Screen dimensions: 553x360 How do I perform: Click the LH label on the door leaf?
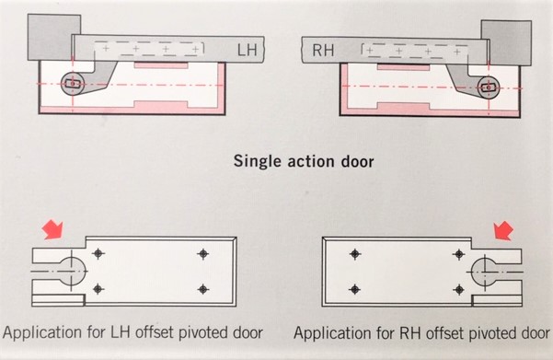click(x=247, y=50)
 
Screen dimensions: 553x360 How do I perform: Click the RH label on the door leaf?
click(x=323, y=51)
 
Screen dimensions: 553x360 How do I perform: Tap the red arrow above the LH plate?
click(x=52, y=229)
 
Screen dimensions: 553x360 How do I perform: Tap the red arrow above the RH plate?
click(x=503, y=230)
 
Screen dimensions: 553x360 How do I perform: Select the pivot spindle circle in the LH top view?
click(x=73, y=84)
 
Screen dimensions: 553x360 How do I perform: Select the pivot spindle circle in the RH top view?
click(x=489, y=87)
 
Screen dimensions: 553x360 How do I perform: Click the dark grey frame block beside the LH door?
click(x=54, y=37)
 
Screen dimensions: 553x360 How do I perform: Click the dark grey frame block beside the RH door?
click(x=506, y=42)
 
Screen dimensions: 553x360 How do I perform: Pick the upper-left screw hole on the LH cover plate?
click(x=98, y=253)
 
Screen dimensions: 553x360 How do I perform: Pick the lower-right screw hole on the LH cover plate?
click(x=202, y=289)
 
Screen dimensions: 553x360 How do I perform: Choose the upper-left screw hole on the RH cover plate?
click(x=355, y=254)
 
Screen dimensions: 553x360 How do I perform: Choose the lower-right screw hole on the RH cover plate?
click(x=459, y=290)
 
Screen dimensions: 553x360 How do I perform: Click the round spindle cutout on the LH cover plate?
click(x=73, y=271)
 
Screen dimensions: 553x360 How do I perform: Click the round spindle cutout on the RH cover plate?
click(x=485, y=273)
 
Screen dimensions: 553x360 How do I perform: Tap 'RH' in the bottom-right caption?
click(x=410, y=332)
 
